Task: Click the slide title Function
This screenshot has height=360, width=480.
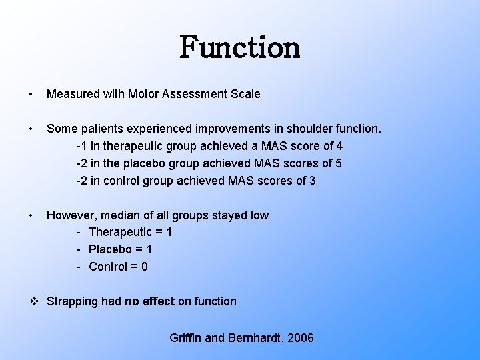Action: (240, 47)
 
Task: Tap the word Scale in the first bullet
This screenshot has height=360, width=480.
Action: (244, 94)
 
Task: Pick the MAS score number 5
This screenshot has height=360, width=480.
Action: (338, 163)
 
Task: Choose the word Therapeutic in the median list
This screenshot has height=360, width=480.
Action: (120, 233)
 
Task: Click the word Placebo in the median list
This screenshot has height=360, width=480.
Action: (111, 249)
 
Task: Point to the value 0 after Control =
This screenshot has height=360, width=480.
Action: (144, 267)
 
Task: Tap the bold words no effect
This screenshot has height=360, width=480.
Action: (149, 301)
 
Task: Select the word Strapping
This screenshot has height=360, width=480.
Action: (72, 301)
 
